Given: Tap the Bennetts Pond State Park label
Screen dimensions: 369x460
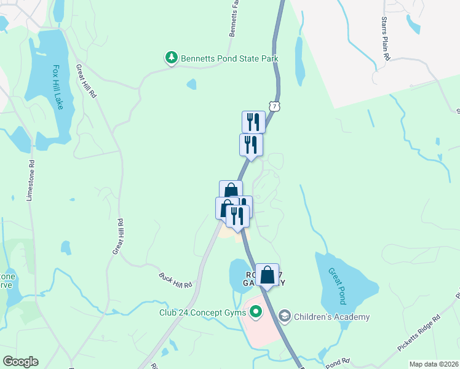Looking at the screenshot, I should coord(229,59).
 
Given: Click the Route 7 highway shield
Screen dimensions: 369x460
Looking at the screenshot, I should coord(275,106).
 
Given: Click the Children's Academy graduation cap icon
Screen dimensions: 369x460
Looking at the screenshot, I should coord(284,317).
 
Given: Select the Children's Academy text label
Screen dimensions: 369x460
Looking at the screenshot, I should coord(331,317).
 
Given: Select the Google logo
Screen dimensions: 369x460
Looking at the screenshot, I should coord(20,362).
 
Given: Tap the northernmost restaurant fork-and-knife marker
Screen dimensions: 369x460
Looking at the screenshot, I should coord(253,121).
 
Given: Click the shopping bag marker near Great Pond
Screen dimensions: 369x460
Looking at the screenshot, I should coord(267,274).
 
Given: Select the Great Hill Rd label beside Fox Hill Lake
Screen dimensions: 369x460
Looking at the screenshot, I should coord(87,82).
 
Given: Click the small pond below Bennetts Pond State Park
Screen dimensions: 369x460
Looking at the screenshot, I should coord(191,84).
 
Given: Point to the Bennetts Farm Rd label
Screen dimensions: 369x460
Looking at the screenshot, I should coord(233,18).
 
